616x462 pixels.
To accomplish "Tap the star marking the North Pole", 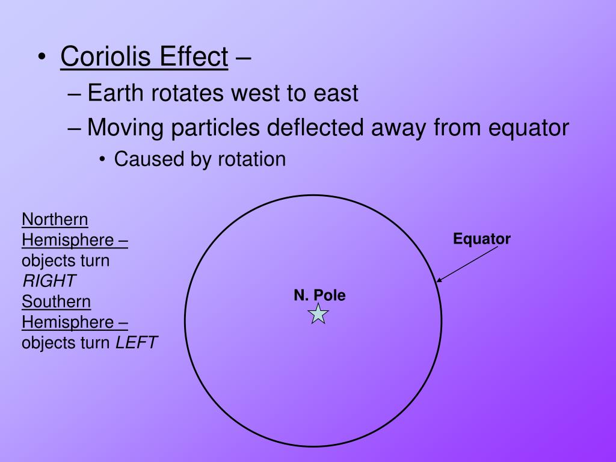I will (x=318, y=313).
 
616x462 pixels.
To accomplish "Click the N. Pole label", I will (x=319, y=295).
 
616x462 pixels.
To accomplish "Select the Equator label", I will (x=482, y=239).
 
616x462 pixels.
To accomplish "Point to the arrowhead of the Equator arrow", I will (x=439, y=280).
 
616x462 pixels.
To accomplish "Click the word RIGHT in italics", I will (x=49, y=281).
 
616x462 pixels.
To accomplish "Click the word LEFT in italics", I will (x=136, y=343).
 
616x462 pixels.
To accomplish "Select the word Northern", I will (x=55, y=219).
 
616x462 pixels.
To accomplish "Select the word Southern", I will (x=56, y=301).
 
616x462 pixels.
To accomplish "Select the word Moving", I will (x=125, y=128).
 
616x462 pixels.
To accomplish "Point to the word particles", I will (x=217, y=128).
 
